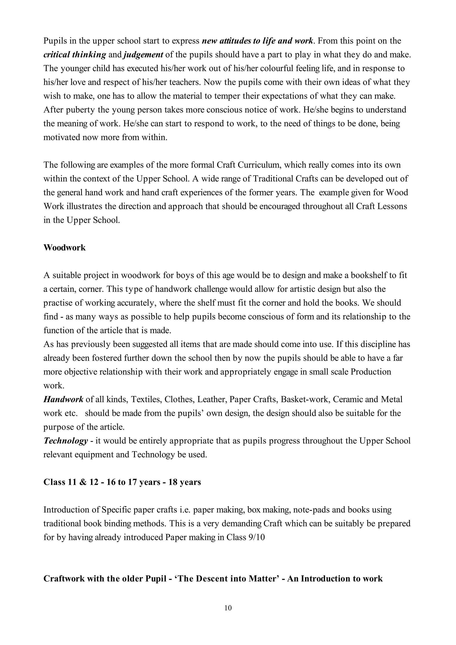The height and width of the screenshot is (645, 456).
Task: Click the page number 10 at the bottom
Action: tap(228, 608)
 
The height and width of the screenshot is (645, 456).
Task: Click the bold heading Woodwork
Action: tap(64, 247)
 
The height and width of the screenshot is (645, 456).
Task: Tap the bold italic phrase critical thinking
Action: tap(75, 55)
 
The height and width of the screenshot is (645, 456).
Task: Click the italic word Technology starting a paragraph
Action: tap(66, 441)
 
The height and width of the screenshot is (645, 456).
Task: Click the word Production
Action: tap(371, 372)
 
